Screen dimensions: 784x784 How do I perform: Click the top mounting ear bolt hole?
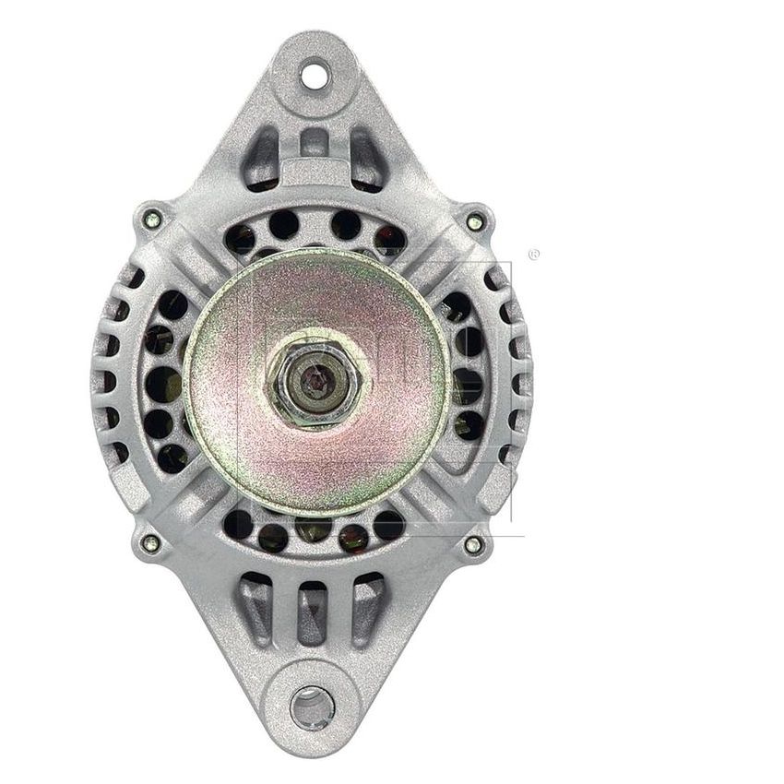point(315,75)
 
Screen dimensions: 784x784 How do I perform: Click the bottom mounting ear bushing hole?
point(313,707)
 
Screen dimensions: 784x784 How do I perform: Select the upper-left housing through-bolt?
point(153,220)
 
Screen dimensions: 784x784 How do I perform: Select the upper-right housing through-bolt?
point(474,222)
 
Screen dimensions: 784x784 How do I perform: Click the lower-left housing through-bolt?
point(151,543)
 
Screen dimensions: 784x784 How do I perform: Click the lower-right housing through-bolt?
point(473,544)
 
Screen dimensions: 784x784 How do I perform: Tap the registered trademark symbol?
point(533,255)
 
